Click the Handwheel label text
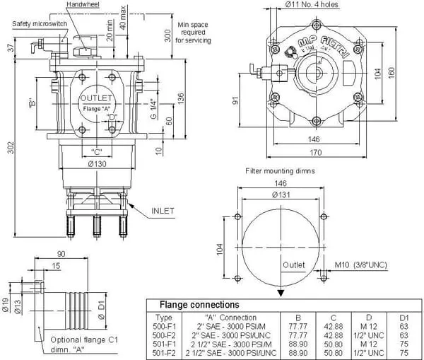point(83,5)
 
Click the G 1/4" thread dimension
point(153,111)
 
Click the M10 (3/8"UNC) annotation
point(362,265)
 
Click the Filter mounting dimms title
point(280,171)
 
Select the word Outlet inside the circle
point(293,265)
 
